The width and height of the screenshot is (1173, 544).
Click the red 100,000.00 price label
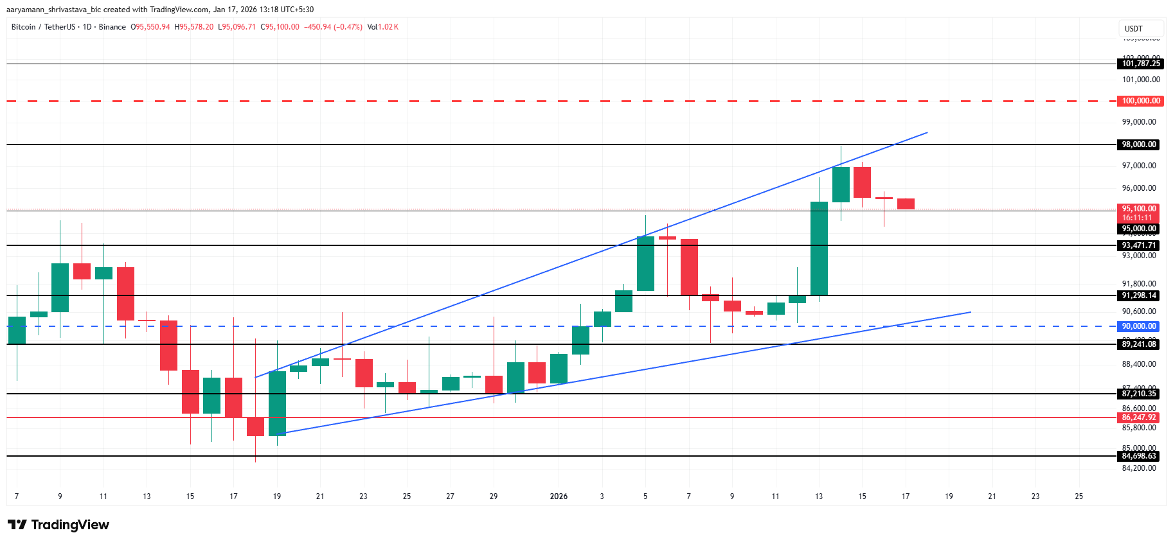pos(1141,101)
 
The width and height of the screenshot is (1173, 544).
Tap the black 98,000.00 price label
pos(1139,145)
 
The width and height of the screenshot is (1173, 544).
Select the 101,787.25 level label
pos(1141,64)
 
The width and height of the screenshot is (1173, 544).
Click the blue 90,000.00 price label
pos(1139,326)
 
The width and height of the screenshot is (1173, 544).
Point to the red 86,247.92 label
pos(1139,417)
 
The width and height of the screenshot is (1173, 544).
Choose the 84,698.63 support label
pos(1139,456)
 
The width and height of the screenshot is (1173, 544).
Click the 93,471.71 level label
pos(1139,245)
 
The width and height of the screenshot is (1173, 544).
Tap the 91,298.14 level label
pos(1139,295)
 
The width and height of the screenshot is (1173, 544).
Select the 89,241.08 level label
pos(1139,344)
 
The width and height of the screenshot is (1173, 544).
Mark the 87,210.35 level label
pos(1139,394)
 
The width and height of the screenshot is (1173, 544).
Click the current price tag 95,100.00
pos(1139,209)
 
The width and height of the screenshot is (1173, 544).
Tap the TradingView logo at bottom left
pos(58,525)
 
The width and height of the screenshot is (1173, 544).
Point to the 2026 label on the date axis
pos(559,496)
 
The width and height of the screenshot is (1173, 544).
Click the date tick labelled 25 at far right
pos(1079,496)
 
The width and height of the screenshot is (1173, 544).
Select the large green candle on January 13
pos(819,249)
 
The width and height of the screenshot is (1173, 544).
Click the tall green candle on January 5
pos(645,263)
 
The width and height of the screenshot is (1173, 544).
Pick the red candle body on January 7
pos(689,267)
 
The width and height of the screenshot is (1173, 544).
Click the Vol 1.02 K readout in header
pos(383,27)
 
